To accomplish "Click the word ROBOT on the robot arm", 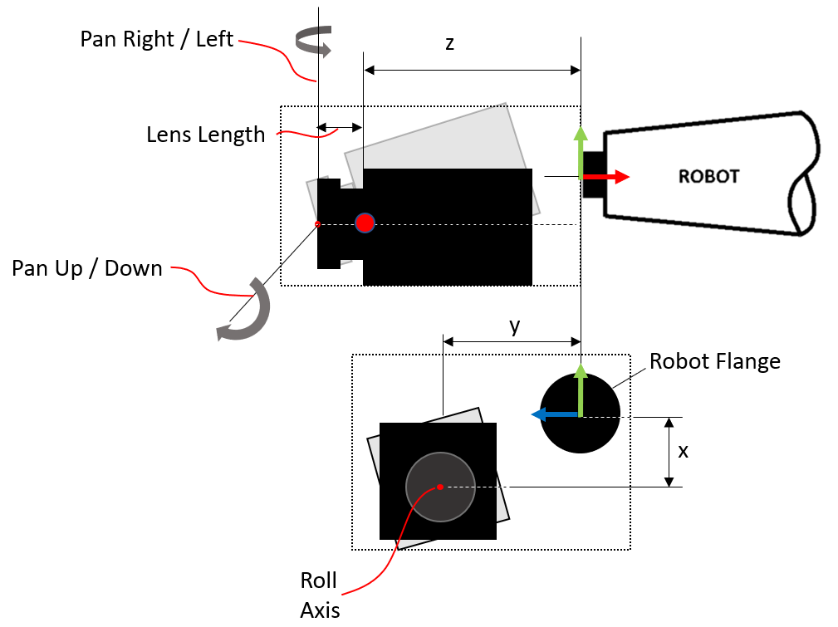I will coord(708,177).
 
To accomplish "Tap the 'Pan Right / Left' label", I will coord(157,39).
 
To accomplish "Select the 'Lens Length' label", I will coord(205,134).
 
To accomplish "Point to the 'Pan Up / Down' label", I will coord(86,268).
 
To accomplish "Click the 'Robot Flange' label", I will coord(715,361).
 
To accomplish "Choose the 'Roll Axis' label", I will coord(320,595).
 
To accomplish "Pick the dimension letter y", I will coord(515,326).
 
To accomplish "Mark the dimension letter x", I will coord(683,452).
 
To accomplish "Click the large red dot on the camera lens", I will coord(365,223).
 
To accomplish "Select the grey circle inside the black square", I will coord(440,487).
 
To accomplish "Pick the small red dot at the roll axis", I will coord(440,487).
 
